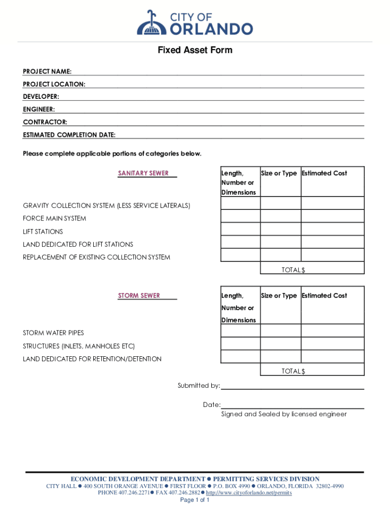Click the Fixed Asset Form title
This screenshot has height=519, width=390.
point(194,50)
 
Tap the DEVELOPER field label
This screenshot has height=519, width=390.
point(41,96)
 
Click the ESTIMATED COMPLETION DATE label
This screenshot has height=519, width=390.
point(69,135)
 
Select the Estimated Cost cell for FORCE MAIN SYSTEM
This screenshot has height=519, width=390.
point(332,216)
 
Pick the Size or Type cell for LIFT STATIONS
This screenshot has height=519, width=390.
point(281,229)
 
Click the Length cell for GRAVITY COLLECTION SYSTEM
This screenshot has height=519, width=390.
point(240,203)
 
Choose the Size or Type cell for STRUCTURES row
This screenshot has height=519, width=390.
point(281,344)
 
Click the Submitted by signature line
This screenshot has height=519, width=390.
point(292,386)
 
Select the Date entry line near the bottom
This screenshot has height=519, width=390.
point(292,405)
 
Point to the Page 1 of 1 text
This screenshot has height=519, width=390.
point(195,500)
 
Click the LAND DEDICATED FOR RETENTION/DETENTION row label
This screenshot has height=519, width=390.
point(92,359)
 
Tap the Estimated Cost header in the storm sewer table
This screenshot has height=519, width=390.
point(324,295)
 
